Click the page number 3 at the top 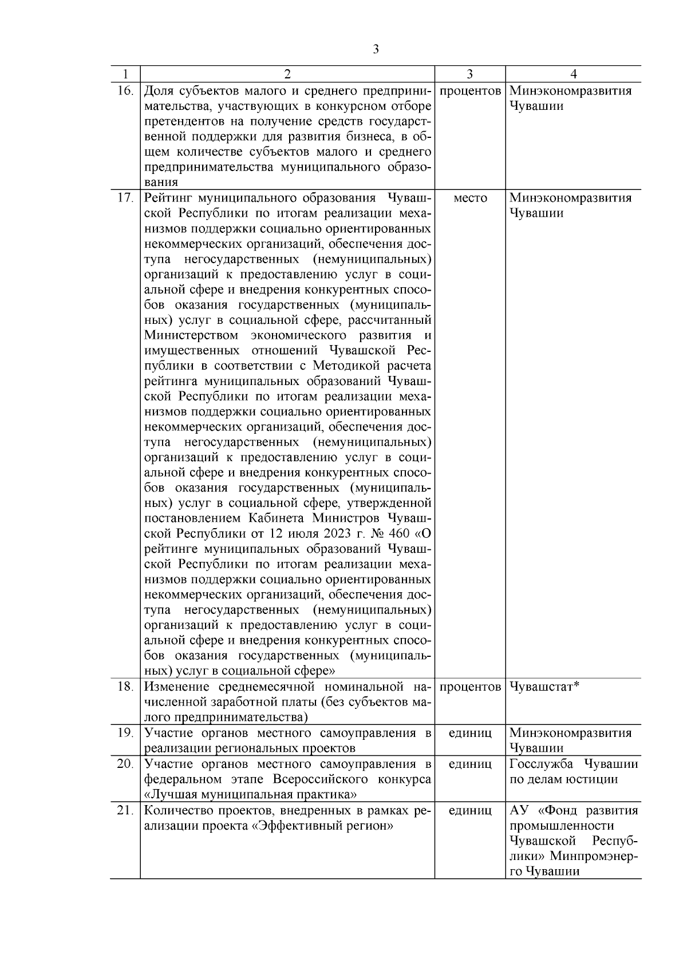[x=376, y=50]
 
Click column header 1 [x=125, y=74]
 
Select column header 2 [x=287, y=74]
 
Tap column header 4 [x=574, y=74]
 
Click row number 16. [x=125, y=90]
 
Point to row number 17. [x=125, y=198]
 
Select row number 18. [x=125, y=686]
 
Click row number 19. [x=125, y=733]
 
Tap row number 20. [x=125, y=764]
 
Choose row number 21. [x=125, y=810]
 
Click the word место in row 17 [x=470, y=198]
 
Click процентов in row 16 [x=470, y=90]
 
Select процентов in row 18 [x=470, y=686]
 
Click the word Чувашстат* [x=544, y=686]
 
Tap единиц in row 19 [x=470, y=733]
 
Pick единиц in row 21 [x=470, y=810]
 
